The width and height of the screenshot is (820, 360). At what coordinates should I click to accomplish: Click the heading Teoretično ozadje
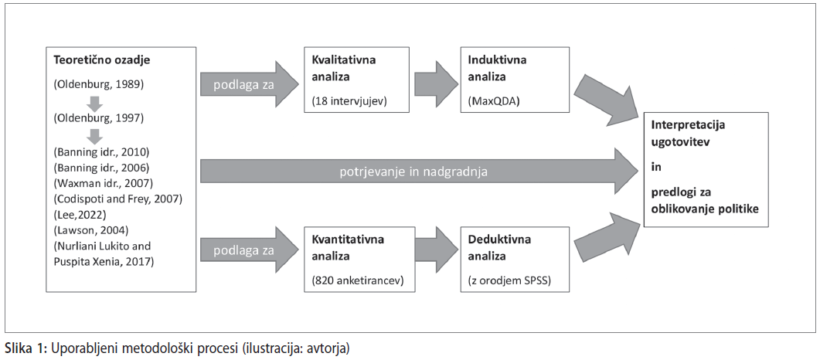[x=102, y=59]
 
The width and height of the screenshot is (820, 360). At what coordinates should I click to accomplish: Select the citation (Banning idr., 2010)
[x=101, y=153]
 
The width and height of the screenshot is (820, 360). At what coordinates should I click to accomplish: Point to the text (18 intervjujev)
[x=349, y=101]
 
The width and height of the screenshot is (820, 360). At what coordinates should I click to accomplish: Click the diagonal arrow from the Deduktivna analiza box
[x=607, y=237]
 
